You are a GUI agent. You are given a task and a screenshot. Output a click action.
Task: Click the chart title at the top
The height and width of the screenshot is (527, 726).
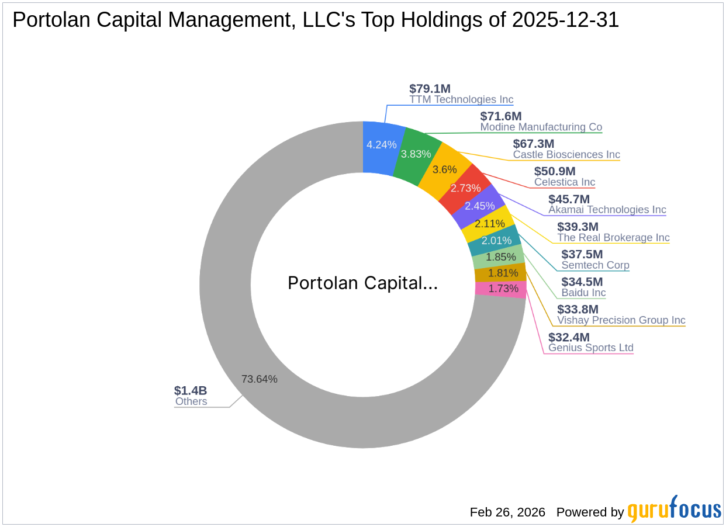(x=316, y=20)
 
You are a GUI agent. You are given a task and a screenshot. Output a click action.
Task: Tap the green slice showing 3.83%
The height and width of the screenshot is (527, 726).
(x=416, y=154)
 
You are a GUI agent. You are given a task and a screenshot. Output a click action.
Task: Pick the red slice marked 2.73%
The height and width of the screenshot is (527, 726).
(x=465, y=188)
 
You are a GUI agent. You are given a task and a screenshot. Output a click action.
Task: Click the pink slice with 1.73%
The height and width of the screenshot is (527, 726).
(x=503, y=289)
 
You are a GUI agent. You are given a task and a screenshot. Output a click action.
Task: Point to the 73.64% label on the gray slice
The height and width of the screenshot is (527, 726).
(x=259, y=379)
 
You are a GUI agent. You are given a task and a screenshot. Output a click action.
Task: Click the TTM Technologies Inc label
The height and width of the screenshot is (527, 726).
(x=461, y=100)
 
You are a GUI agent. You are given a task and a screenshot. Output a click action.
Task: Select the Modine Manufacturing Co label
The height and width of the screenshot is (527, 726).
(x=541, y=127)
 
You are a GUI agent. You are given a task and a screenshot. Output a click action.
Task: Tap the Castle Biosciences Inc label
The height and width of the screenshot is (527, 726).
(x=566, y=155)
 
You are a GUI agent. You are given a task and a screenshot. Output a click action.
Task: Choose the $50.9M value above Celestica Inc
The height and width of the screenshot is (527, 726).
(x=555, y=171)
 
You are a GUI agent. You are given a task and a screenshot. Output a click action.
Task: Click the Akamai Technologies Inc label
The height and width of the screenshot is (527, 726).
(x=607, y=210)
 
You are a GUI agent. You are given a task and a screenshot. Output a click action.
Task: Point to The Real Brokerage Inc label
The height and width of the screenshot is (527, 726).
(x=613, y=238)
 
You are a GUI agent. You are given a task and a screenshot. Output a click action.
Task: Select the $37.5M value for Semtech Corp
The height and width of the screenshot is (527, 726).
(x=582, y=254)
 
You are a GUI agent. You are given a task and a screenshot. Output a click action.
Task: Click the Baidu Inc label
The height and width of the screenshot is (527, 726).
(x=583, y=293)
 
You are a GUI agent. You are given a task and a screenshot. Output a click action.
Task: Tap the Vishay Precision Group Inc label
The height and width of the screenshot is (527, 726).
(x=621, y=320)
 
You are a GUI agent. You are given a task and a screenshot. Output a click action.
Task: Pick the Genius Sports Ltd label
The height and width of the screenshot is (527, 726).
(x=590, y=348)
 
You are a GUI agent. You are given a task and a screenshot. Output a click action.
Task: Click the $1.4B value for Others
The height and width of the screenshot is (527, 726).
(x=191, y=390)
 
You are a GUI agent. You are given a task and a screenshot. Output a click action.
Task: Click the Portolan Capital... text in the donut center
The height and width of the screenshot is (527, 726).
(x=362, y=283)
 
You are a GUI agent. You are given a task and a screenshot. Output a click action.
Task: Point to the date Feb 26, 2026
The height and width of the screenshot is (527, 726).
(x=507, y=512)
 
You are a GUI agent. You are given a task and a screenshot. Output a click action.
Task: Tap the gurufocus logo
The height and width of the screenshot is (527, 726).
(x=675, y=510)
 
